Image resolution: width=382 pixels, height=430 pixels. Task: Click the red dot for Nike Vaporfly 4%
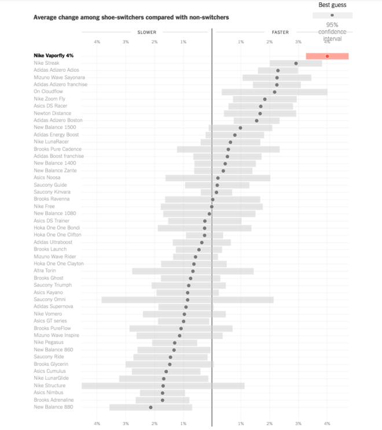pyautogui.click(x=327, y=56)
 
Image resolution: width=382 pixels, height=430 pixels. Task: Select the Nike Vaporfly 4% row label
pyautogui.click(x=53, y=56)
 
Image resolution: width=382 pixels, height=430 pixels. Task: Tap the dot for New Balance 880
pyautogui.click(x=151, y=407)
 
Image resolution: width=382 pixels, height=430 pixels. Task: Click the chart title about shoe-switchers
pyautogui.click(x=131, y=17)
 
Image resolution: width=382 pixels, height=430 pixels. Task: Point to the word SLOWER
pyautogui.click(x=146, y=32)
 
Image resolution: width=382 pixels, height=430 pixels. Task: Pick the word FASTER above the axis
pyautogui.click(x=280, y=32)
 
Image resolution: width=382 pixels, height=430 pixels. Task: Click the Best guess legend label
pyautogui.click(x=332, y=5)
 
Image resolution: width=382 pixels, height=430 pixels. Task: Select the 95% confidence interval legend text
pyautogui.click(x=332, y=32)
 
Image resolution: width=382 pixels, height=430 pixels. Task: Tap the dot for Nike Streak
pyautogui.click(x=296, y=63)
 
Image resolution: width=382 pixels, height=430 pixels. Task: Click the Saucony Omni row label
pyautogui.click(x=49, y=299)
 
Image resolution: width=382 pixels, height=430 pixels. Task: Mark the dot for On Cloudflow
pyautogui.click(x=274, y=92)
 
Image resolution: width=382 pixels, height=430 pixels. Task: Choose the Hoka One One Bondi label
pyautogui.click(x=57, y=227)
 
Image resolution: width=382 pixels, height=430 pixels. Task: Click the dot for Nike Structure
pyautogui.click(x=163, y=385)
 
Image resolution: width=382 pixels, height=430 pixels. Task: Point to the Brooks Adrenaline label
pyautogui.click(x=54, y=400)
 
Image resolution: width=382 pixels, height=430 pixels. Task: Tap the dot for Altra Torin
pyautogui.click(x=193, y=271)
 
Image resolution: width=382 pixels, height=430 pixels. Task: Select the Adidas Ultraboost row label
pyautogui.click(x=53, y=242)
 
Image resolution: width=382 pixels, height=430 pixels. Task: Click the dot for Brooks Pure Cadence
pyautogui.click(x=228, y=149)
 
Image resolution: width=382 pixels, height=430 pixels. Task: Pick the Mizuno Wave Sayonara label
pyautogui.click(x=60, y=77)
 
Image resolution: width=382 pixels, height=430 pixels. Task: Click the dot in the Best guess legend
pyautogui.click(x=332, y=15)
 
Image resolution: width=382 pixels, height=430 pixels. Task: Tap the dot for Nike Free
pyautogui.click(x=212, y=206)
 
